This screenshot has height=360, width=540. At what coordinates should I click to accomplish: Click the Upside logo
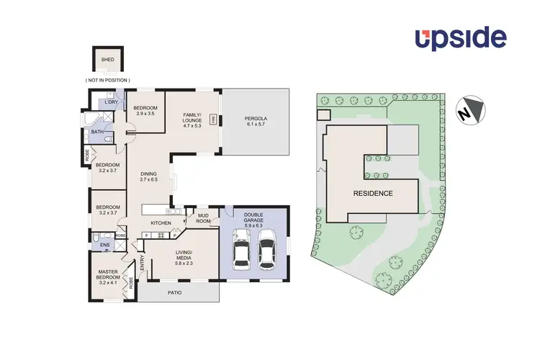(460, 38)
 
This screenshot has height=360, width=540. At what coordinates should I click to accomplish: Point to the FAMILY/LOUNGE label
(192, 120)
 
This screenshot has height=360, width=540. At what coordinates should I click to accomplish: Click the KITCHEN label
(161, 223)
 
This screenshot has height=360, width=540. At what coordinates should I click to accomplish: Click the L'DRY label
(111, 102)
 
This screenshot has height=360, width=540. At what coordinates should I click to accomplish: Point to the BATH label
(96, 132)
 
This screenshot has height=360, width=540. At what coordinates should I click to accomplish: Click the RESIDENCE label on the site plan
(372, 193)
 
